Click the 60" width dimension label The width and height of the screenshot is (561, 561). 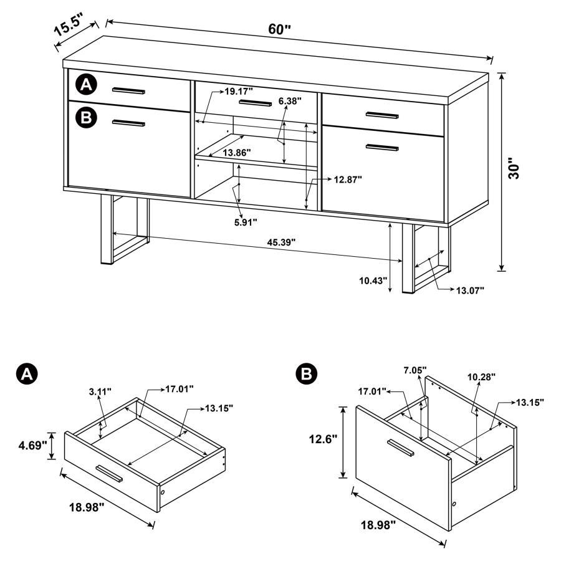coord(280,29)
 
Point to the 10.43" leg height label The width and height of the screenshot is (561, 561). coord(373,281)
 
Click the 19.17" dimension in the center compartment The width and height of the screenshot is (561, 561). coord(238,91)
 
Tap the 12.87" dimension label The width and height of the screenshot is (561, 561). coord(347,179)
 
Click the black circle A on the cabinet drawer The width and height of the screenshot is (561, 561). coord(87,84)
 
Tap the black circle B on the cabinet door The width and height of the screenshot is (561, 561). coord(87,117)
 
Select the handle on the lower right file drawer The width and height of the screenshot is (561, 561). coord(382,147)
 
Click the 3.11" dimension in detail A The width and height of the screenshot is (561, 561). coord(100,391)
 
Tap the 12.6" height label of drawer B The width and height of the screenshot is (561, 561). coord(322,439)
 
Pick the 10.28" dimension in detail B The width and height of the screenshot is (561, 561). coord(481,376)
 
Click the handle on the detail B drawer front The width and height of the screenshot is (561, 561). coord(401,449)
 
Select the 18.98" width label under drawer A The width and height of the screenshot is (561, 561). coord(87,506)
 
